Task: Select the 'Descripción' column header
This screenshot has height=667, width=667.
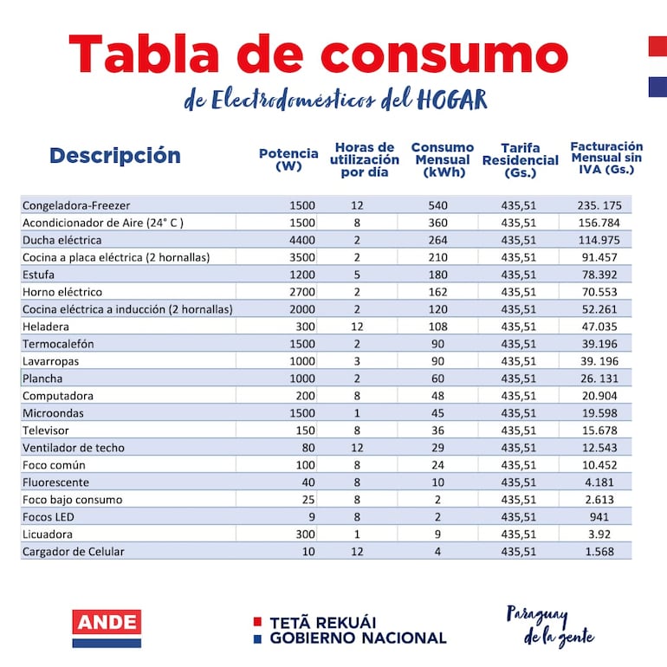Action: point(115,156)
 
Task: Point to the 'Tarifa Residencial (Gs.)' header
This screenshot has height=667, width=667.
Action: point(520,160)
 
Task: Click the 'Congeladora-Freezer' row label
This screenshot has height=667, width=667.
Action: point(76,205)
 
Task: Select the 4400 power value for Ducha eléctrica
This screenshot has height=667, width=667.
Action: point(301,240)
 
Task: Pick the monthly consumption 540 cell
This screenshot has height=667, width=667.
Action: point(437,205)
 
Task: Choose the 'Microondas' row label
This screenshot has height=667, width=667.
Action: point(53,413)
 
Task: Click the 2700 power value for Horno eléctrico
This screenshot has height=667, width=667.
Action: point(301,292)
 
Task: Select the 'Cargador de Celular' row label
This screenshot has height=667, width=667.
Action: point(74,552)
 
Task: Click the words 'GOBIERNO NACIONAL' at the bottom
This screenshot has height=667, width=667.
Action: point(358,638)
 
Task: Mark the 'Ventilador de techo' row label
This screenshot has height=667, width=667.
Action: point(74,448)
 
